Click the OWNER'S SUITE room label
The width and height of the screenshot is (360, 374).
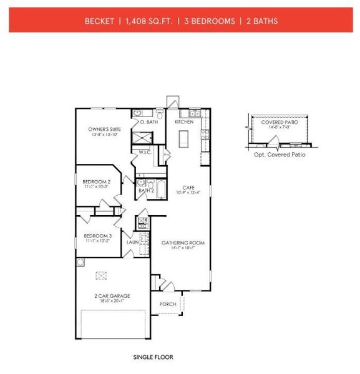102,129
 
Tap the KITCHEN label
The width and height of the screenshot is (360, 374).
184,122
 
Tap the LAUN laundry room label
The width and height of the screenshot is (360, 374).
132,241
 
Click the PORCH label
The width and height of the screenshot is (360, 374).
168,304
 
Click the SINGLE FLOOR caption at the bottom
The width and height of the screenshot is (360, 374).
153,357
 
